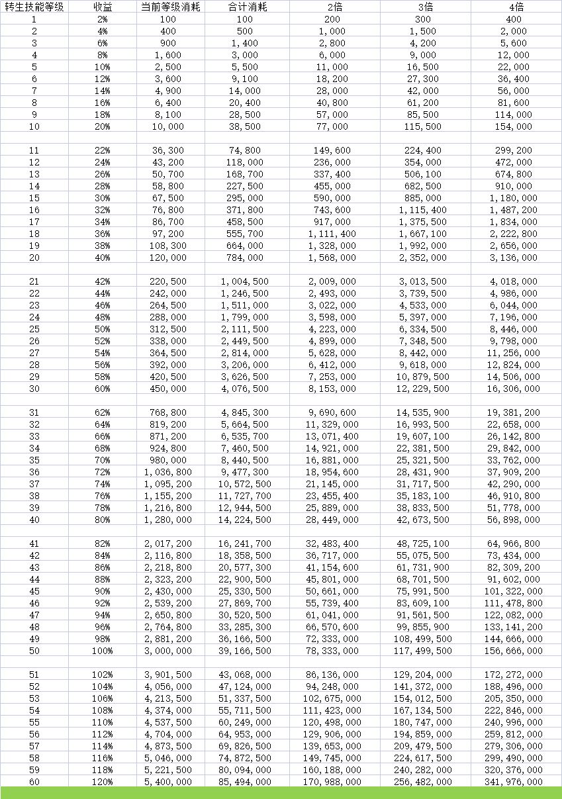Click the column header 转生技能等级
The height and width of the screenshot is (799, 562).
34,7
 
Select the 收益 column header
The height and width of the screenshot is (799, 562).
102,7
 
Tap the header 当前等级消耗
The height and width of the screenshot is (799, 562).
170,7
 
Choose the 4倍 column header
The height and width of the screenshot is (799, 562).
514,7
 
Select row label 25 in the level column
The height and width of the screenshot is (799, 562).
34,329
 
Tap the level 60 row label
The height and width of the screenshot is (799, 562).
34,782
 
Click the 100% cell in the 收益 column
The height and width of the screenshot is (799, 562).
102,651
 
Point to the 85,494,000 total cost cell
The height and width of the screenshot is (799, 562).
245,782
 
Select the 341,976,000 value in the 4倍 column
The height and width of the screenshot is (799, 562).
514,782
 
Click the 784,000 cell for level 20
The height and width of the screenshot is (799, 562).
245,258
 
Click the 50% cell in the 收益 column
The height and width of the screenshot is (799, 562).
102,329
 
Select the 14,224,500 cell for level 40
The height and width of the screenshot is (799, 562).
245,520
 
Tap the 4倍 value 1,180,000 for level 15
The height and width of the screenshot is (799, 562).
514,198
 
